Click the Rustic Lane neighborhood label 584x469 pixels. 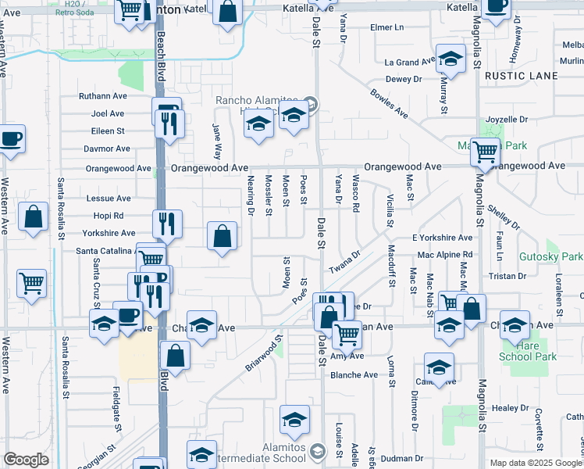click(x=521, y=76)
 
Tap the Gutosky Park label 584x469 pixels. click(x=550, y=256)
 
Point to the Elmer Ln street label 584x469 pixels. click(x=387, y=27)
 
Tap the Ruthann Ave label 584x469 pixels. click(x=102, y=96)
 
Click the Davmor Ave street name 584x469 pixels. click(x=104, y=148)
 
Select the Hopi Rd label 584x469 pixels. click(x=108, y=216)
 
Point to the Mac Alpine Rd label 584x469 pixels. click(x=445, y=255)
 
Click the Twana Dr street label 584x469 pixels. click(x=344, y=260)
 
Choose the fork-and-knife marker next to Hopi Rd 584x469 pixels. click(x=167, y=224)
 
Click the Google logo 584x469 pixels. click(x=26, y=460)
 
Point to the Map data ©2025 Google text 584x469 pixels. click(x=535, y=463)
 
